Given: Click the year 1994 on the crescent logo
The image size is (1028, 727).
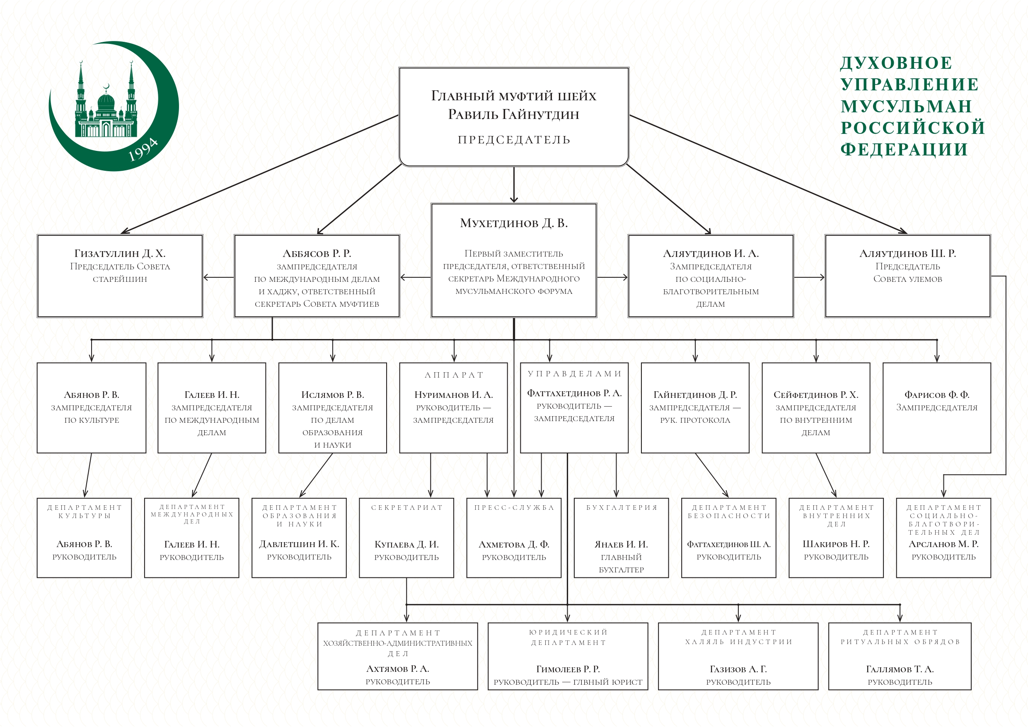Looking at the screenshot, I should point(143,150).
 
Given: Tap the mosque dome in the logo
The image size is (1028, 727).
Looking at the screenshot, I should point(106,102).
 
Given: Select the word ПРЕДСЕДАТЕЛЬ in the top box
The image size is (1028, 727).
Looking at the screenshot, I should point(513,140).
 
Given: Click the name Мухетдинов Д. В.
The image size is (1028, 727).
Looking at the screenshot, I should point(513,223).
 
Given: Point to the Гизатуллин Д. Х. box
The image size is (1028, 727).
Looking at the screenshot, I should point(120,276).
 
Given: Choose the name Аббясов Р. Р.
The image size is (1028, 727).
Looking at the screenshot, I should point(317,254).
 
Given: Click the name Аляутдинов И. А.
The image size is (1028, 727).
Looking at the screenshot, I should point(711,254).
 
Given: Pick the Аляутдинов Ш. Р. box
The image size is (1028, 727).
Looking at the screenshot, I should point(907,276).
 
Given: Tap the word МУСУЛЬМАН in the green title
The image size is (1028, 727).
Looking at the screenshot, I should point(906,106).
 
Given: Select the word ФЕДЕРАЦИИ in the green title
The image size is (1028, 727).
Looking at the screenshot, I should point(904,149).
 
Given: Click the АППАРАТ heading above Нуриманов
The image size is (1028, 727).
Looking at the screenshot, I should point(454,375).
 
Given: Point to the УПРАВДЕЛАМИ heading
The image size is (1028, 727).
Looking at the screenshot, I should point(574,373).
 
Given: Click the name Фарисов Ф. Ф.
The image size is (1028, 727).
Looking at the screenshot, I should point(937,395).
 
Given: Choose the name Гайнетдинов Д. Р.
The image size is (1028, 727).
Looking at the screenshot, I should point(695,395).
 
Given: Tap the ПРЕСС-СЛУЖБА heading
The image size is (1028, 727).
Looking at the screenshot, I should point(514,507).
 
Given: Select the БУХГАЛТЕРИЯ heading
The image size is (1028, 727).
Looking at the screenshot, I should point(622,507).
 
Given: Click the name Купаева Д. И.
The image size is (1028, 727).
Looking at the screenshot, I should point(406,544).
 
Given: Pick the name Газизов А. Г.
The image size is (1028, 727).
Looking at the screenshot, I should point(738,669).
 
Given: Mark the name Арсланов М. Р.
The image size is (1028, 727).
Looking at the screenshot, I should point(943,544).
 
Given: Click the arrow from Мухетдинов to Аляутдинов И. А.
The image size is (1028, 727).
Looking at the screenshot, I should point(612,277).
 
